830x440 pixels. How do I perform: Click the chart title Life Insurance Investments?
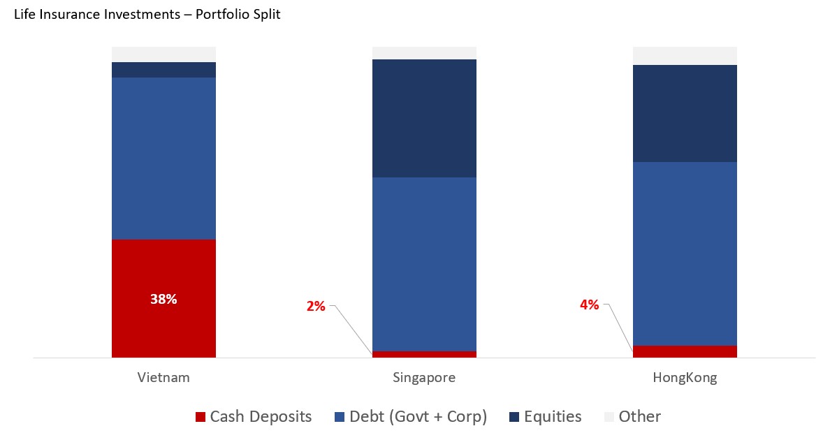coord(147,14)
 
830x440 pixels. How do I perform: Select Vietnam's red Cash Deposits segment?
coord(163,328)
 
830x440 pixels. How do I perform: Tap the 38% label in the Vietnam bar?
coord(163,299)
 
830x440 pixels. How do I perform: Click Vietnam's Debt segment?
coord(163,159)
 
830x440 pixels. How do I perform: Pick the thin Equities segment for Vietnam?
coord(163,70)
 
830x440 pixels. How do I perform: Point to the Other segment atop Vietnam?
coord(163,54)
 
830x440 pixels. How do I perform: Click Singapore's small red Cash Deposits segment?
coord(424,354)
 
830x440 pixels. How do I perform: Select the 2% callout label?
coord(316,306)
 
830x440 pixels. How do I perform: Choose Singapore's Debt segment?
coord(424,264)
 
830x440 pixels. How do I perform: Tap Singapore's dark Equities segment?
coord(424,119)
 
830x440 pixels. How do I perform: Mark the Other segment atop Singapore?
coord(424,53)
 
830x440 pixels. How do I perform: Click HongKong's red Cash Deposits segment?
coord(685,351)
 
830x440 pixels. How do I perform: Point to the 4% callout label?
coord(589,305)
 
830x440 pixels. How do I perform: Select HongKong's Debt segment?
coord(685,254)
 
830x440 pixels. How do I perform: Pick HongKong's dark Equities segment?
coord(685,113)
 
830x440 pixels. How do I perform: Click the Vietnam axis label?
coord(163,378)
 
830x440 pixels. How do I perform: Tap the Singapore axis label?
coord(424,378)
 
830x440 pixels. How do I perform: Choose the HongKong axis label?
coord(685,378)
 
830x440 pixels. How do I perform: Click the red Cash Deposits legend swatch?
coord(201,417)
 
